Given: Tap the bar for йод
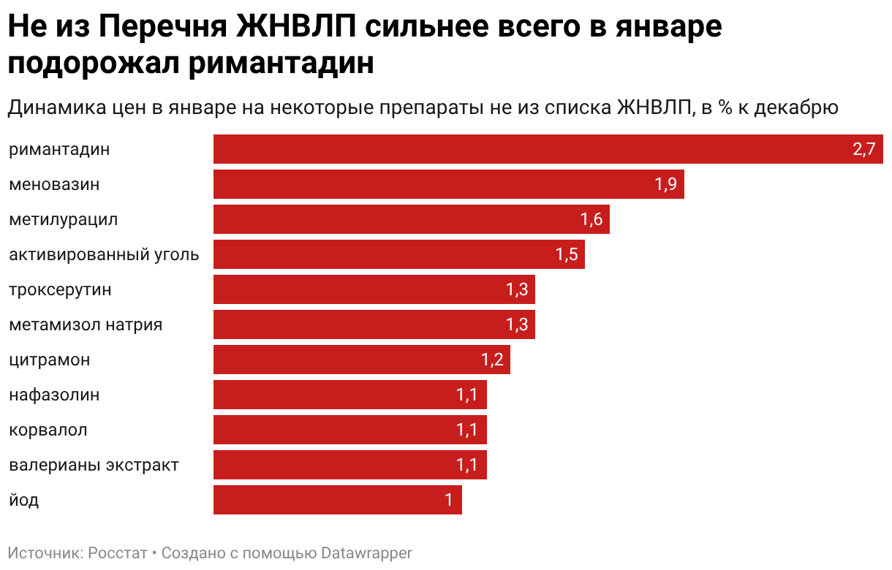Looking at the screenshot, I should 337,501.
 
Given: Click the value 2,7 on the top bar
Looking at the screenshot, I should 863,150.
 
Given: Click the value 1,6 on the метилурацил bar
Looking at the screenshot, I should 591,220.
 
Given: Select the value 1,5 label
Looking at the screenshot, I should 567,255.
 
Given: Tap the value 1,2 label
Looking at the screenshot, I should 492,360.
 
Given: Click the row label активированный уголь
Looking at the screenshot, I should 104,255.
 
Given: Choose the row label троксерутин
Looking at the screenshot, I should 60,290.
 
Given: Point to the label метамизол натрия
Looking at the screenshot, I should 86,325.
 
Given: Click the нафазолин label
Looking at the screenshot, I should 54,395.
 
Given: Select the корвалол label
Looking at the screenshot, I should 48,430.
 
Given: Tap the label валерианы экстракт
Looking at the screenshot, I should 94,465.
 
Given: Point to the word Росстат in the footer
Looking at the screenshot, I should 118,553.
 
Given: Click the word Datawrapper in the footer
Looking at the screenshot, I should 367,553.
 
